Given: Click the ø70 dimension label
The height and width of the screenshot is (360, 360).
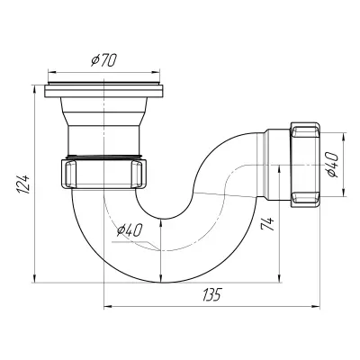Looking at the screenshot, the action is click(103, 60).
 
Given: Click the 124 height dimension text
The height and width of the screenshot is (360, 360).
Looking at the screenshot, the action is click(24, 184).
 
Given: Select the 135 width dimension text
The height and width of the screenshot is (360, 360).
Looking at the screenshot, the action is click(211, 294).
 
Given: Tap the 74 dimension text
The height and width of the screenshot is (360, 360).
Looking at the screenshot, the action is click(267, 223).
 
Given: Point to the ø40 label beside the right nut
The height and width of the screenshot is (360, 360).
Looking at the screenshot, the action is click(332, 165).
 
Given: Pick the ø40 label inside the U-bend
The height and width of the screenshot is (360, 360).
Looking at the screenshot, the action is click(129, 230).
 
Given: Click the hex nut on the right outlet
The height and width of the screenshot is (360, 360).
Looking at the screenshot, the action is click(304, 165).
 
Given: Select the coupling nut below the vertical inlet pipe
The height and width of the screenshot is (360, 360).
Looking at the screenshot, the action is click(103, 174).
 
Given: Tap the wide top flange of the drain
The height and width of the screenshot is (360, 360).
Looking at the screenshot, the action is click(103, 91).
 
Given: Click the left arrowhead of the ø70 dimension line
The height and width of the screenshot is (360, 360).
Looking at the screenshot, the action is click(51, 72).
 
